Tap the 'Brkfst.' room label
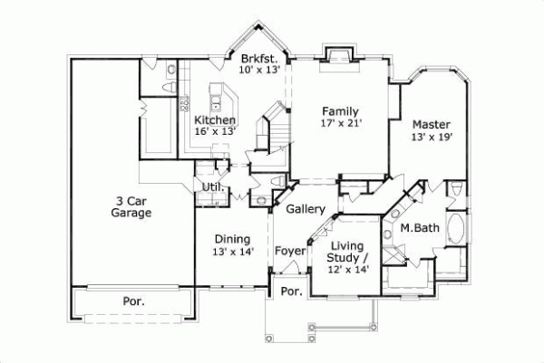pos(259,57)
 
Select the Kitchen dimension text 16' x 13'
pos(215,132)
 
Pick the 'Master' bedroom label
pos(431,124)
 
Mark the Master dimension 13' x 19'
pos(431,137)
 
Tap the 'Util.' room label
pos(212,186)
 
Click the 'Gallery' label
pos(306,210)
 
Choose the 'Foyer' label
pos(290,251)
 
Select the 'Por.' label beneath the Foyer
pos(290,291)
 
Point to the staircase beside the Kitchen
pos(274,127)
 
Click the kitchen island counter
pos(219,95)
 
